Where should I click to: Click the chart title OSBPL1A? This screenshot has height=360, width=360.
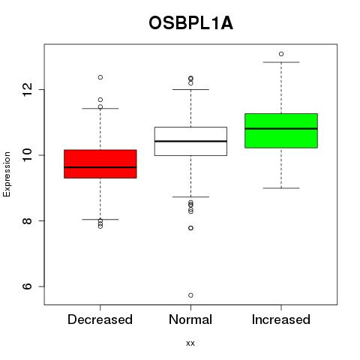coord(190,23)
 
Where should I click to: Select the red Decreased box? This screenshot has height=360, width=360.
coord(100,164)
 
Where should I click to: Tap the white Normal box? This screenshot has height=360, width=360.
coord(190,141)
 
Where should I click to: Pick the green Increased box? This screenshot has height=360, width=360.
coord(281,130)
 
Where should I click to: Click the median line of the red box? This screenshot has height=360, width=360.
coord(100,167)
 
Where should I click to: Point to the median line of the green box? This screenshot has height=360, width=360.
coord(281,128)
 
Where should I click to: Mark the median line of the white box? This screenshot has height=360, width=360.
coord(190,141)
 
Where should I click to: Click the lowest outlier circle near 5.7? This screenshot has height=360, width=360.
coord(190,295)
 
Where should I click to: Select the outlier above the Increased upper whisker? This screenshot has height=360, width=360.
coord(281,54)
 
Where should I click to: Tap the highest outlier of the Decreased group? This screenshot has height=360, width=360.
coord(100,77)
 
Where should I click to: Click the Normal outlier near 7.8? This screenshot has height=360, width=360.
coord(190,228)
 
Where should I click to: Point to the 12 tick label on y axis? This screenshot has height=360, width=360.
coord(28,89)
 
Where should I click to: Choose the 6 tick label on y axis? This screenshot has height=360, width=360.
coord(28,286)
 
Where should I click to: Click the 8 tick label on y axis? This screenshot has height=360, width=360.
coord(28,220)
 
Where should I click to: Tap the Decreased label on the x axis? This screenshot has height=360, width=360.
coord(100,319)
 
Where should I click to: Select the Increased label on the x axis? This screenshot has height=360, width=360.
coord(281,319)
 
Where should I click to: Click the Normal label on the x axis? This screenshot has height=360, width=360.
coord(190,319)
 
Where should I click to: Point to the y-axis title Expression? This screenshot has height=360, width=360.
coord(7,174)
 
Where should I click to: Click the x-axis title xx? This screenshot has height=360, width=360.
coord(190,343)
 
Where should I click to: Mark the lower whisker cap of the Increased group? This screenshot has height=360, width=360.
coord(281,188)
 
